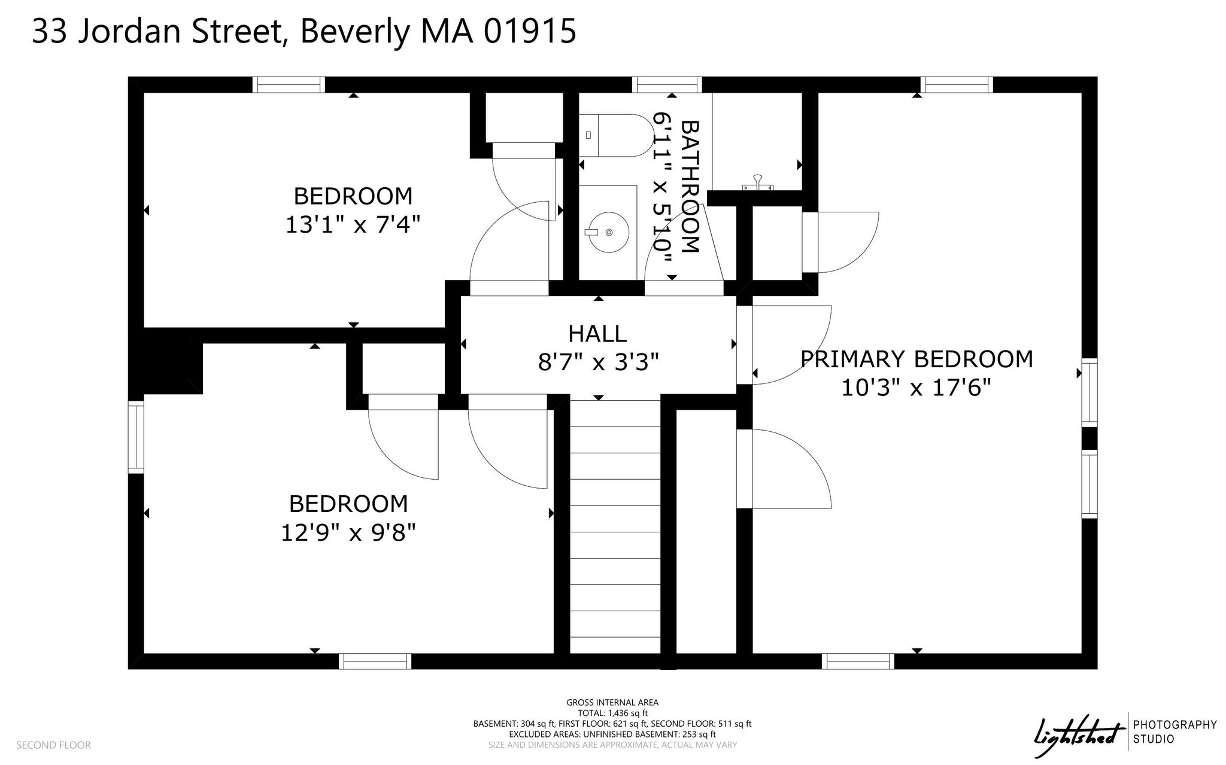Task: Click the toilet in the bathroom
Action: tap(617, 135)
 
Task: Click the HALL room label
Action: tap(597, 334)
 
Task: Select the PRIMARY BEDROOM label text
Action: tap(917, 359)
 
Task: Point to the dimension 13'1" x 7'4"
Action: tap(353, 225)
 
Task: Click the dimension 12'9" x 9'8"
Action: tap(348, 532)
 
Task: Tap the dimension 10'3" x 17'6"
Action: tap(917, 388)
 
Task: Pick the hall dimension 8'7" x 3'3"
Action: tap(598, 362)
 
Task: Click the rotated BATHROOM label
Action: tap(690, 187)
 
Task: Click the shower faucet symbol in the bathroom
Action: tap(757, 183)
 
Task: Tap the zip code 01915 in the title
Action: tap(530, 31)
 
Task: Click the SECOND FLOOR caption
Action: tap(54, 745)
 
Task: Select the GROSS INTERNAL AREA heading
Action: tap(612, 703)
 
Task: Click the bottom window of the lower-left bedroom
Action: tap(375, 662)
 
